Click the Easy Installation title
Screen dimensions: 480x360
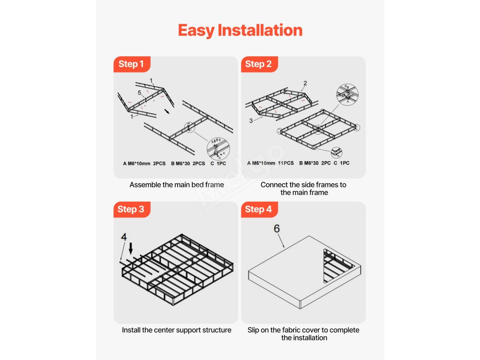click(240, 30)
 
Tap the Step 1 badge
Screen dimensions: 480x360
click(132, 64)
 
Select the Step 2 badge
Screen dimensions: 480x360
click(259, 64)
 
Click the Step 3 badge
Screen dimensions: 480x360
click(132, 210)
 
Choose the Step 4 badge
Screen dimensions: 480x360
click(259, 210)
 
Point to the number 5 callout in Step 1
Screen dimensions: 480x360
click(139, 92)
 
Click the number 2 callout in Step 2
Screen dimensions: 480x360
click(305, 83)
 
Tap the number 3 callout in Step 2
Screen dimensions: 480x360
click(251, 120)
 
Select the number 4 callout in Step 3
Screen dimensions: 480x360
click(124, 237)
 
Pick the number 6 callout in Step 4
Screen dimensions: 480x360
click(277, 228)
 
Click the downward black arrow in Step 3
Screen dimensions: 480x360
click(131, 248)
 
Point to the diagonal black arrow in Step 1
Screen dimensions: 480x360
click(167, 111)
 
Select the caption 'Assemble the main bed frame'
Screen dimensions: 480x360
click(177, 185)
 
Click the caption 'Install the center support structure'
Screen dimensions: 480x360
click(177, 330)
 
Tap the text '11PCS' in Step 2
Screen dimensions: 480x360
click(286, 163)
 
